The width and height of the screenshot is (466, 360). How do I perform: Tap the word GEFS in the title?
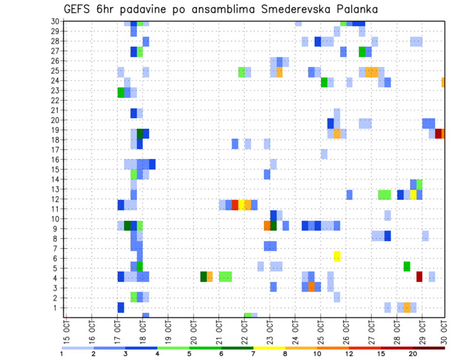[x=80, y=9]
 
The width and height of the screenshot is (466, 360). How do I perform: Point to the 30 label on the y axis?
[x=55, y=21]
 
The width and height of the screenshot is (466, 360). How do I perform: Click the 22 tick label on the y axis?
[x=55, y=100]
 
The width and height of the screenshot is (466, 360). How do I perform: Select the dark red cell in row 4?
[x=419, y=277]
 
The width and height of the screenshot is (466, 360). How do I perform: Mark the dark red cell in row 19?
[x=438, y=133]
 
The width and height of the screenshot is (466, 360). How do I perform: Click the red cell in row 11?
[x=235, y=205]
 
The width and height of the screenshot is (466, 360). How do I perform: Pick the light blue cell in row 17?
[x=324, y=154]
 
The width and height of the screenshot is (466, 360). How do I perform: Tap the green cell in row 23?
[x=121, y=92]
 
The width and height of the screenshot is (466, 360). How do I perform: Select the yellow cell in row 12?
[x=413, y=195]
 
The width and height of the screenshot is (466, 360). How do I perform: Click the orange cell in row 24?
[x=443, y=82]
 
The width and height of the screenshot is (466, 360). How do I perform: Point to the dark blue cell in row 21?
[x=133, y=113]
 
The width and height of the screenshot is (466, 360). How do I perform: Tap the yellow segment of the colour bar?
[x=269, y=348]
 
